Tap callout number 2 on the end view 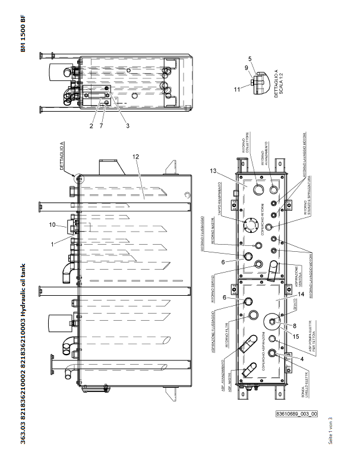[x=91, y=126]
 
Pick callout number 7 [x=102, y=126]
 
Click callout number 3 [x=127, y=126]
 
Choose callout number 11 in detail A [x=238, y=89]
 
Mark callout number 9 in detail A [x=247, y=68]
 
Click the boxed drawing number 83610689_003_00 [x=297, y=414]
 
